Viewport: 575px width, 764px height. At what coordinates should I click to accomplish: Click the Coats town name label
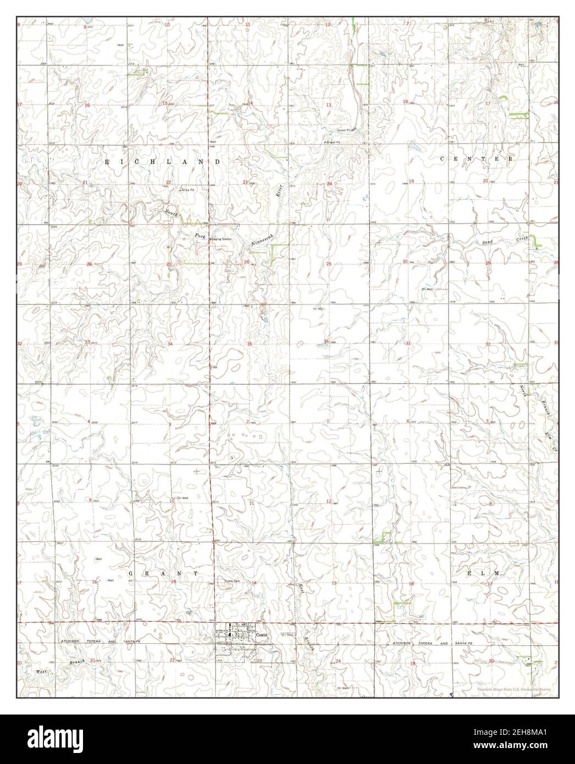(x=262, y=634)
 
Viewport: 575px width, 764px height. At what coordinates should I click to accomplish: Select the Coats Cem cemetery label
(x=233, y=582)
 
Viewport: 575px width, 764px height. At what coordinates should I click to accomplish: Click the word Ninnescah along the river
(x=259, y=235)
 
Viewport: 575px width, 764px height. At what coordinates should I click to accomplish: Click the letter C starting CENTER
(x=443, y=159)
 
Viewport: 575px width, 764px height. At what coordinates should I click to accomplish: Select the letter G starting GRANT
(x=131, y=573)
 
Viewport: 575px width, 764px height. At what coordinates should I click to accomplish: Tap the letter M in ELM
(x=496, y=573)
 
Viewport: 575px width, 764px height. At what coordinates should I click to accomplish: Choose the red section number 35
(x=250, y=344)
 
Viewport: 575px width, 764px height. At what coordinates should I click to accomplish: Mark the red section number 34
(x=170, y=344)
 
